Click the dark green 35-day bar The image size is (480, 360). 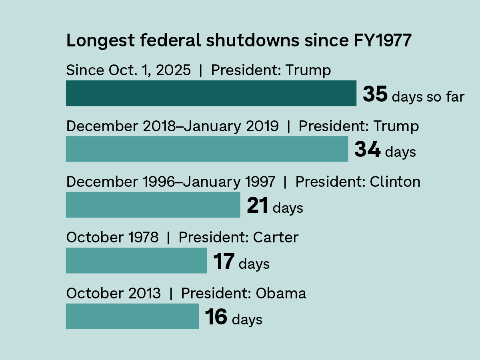point(211,93)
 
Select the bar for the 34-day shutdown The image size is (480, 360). point(207,149)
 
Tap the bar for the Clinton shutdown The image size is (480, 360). point(153,205)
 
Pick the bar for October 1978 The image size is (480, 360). point(136,260)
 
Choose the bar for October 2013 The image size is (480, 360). point(132,316)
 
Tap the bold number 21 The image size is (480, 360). point(257,206)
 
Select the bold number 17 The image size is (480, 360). point(224,262)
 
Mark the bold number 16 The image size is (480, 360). point(216,317)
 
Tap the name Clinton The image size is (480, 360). point(395,182)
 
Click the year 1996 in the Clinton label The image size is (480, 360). point(158,182)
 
